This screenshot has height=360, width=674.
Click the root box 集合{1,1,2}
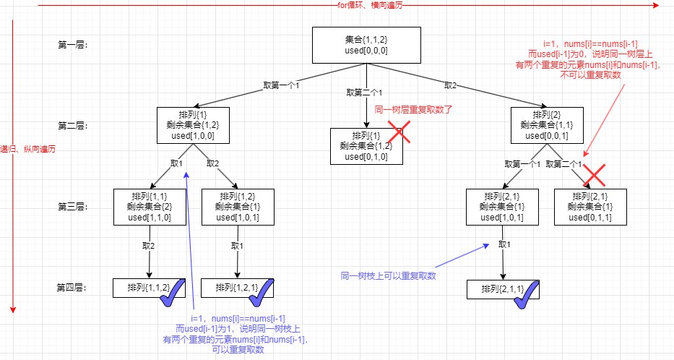tap(366, 45)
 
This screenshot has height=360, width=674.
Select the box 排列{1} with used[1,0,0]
tap(192, 125)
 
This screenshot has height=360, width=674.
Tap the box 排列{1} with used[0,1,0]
tap(366, 146)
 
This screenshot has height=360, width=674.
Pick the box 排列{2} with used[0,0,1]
tap(546, 125)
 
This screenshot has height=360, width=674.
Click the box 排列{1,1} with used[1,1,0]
tap(149, 206)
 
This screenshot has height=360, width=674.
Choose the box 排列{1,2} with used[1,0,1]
tap(237, 206)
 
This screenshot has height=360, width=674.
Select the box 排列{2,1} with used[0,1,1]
tap(589, 206)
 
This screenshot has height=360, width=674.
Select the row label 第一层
tap(72, 45)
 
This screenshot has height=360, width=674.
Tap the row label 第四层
tap(72, 288)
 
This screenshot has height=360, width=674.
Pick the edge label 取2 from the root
tap(450, 86)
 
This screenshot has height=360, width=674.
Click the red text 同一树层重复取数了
tap(412, 111)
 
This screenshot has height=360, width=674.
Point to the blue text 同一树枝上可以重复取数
tap(389, 275)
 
